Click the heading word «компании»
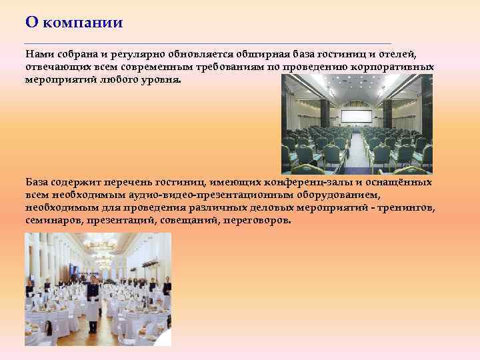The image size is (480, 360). [84, 22]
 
